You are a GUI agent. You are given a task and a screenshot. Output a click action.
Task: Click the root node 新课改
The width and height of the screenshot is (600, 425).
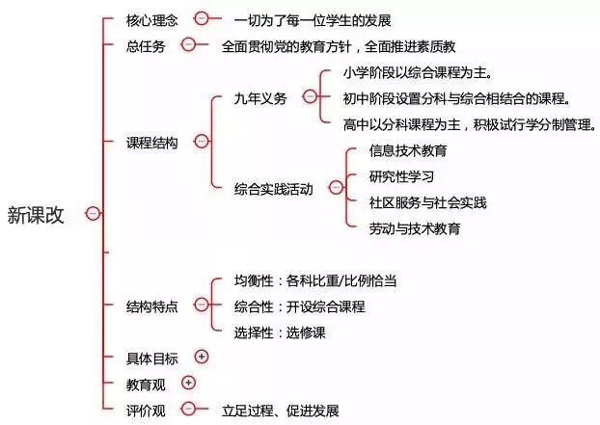coord(36,214)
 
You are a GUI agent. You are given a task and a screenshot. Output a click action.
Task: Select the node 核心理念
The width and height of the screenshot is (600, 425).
coord(152,19)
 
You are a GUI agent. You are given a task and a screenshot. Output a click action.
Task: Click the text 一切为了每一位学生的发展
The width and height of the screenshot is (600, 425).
coord(313,19)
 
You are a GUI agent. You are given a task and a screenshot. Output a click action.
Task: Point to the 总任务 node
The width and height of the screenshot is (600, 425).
coord(146,45)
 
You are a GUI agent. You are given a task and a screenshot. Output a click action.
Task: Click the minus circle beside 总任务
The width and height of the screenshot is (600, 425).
coord(189,44)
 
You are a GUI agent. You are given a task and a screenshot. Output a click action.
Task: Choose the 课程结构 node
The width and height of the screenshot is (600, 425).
coord(152,142)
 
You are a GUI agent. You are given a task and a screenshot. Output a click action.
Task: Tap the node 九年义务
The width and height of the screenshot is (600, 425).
coord(260,97)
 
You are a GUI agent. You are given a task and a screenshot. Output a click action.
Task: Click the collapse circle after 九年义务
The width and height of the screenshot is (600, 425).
coord(309,96)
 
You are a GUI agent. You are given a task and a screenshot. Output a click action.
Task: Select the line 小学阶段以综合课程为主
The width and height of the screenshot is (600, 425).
coord(418,72)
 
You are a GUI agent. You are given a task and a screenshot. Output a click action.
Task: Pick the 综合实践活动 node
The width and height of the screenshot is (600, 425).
coord(273,189)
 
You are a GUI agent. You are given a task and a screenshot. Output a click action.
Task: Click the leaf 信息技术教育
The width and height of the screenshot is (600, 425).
coord(408,150)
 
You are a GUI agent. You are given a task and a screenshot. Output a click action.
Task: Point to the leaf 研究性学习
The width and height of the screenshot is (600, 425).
coord(401,176)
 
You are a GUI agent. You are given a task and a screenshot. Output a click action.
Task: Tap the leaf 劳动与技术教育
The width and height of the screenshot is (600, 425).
coord(415,228)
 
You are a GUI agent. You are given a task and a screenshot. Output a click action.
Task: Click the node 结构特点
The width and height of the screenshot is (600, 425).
coord(152,306)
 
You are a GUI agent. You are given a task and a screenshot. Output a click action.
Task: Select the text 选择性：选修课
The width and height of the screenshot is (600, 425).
coord(280,332)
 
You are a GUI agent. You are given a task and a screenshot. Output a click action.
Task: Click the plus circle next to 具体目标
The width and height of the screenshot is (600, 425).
coord(202,357)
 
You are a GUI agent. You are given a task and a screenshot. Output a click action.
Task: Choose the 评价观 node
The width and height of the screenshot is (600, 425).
coord(146,410)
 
